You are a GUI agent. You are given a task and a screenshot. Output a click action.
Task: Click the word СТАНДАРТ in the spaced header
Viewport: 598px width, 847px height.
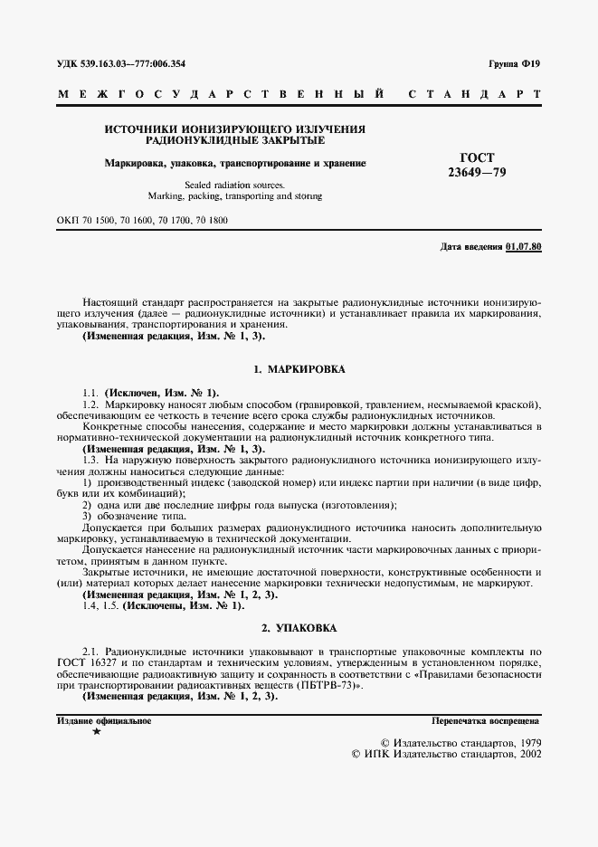click(x=476, y=94)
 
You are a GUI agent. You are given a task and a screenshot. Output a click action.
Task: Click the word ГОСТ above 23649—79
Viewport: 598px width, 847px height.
click(x=489, y=156)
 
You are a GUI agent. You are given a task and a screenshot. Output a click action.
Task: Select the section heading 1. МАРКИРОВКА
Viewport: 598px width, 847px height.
click(x=299, y=369)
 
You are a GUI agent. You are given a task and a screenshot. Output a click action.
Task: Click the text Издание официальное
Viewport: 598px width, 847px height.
click(x=104, y=720)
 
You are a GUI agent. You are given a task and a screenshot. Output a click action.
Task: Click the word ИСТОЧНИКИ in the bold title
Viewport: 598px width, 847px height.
click(x=140, y=129)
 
